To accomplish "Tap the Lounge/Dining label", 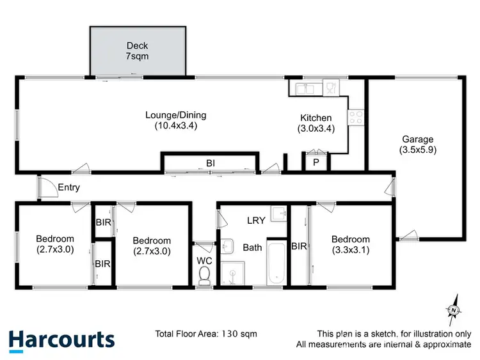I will tap(175, 116).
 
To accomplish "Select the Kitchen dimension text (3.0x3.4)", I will tap(316, 128).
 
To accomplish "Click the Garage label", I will tap(417, 139).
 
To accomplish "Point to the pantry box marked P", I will tap(316, 163).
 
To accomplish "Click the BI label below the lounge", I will tap(210, 164).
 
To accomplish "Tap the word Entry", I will tap(68, 187).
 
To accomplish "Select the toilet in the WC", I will tap(205, 273).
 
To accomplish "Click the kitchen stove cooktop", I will tap(355, 117).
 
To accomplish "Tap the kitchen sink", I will tap(306, 87).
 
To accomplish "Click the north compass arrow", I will tap(454, 310).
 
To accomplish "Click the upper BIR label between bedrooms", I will tap(102, 223).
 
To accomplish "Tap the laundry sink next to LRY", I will tap(278, 214).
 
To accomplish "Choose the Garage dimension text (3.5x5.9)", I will tap(417, 151).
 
